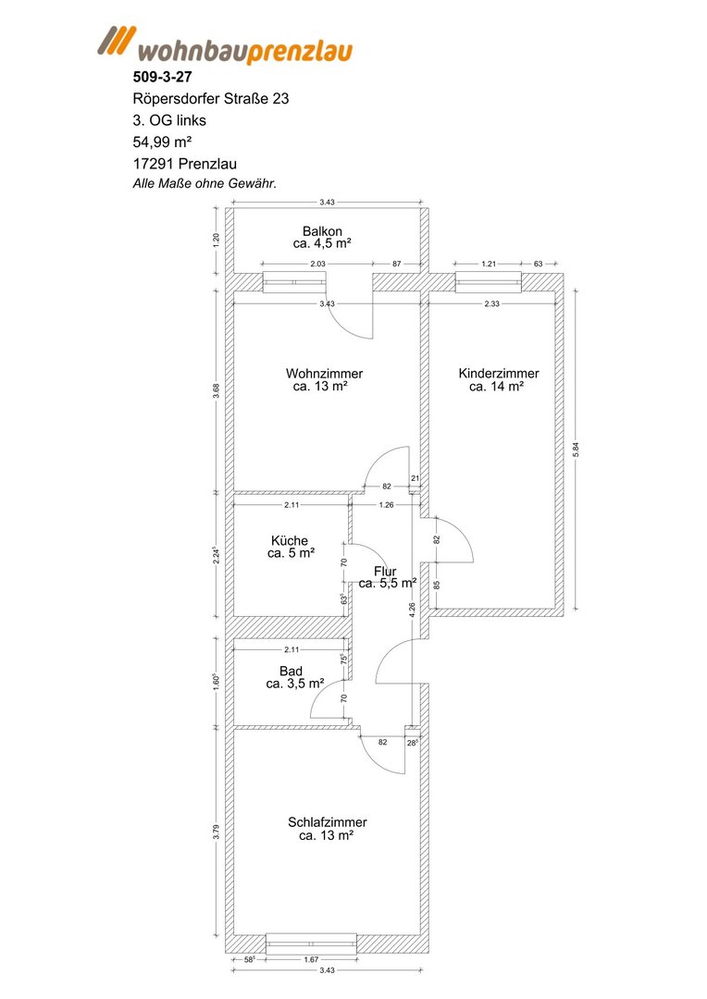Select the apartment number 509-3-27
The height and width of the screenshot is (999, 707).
click(x=162, y=77)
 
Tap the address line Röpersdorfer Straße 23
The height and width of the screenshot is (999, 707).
click(x=210, y=99)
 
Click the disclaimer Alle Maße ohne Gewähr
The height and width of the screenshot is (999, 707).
click(x=204, y=183)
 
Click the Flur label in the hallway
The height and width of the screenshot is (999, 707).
click(x=385, y=572)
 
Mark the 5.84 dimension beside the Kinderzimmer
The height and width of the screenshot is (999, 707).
click(x=577, y=450)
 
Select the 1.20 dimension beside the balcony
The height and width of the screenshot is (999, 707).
click(x=217, y=240)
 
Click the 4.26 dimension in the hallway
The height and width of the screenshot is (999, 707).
click(x=413, y=610)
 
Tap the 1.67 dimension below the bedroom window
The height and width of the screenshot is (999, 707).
click(x=311, y=959)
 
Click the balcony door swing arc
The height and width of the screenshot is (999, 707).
click(x=357, y=327)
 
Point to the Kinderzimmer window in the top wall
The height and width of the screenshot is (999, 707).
click(x=489, y=281)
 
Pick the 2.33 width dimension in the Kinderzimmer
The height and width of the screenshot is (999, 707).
click(x=491, y=304)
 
